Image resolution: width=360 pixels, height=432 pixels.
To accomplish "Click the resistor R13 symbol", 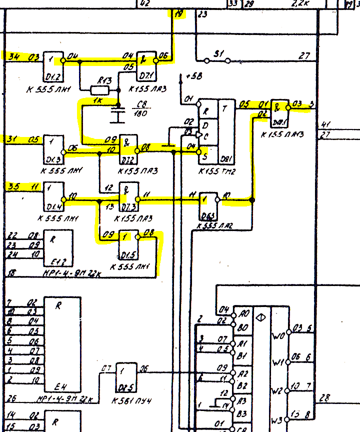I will pyautogui.click(x=99, y=90).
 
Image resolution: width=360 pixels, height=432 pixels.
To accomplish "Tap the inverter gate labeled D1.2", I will pyautogui.click(x=53, y=63).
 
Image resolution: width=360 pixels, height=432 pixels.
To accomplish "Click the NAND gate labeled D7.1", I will pyautogui.click(x=145, y=65).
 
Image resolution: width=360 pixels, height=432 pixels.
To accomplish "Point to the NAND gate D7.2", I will pyautogui.click(x=128, y=148).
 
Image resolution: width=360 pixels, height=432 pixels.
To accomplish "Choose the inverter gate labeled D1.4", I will pyautogui.click(x=54, y=196).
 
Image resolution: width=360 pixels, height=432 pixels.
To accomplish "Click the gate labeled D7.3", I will pyautogui.click(x=128, y=196).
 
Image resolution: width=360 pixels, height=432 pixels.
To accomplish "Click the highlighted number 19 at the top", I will pyautogui.click(x=178, y=14).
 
